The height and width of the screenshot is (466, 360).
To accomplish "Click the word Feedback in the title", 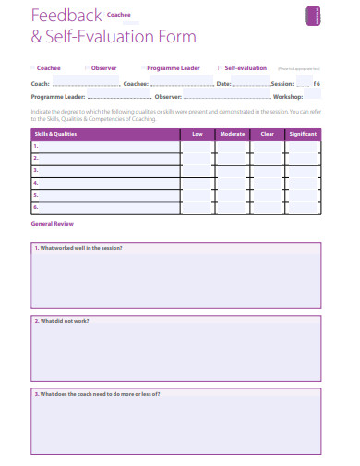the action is pyautogui.click(x=66, y=17).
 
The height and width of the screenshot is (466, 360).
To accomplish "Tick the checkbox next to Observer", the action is pyautogui.click(x=88, y=67).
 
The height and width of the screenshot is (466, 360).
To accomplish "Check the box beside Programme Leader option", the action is pyautogui.click(x=144, y=67).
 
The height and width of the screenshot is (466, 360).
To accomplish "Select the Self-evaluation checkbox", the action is pyautogui.click(x=220, y=67).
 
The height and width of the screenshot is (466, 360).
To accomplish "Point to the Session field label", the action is pyautogui.click(x=282, y=84).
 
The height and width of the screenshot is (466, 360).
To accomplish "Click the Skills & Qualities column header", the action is pyautogui.click(x=54, y=135).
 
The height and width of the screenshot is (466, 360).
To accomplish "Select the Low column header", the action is pyautogui.click(x=197, y=135).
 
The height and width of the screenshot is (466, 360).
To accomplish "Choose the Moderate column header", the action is pyautogui.click(x=232, y=135).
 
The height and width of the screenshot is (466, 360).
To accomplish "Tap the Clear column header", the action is pyautogui.click(x=268, y=135).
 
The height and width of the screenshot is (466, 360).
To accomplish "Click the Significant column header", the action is pyautogui.click(x=303, y=135).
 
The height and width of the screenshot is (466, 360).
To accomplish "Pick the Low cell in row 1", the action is pyautogui.click(x=197, y=147).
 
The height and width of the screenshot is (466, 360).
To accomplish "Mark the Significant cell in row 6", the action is pyautogui.click(x=303, y=208).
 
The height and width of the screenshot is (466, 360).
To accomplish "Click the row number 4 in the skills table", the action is pyautogui.click(x=36, y=183).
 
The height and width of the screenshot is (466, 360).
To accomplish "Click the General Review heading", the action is pyautogui.click(x=53, y=224).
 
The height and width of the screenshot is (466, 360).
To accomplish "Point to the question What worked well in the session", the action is pyautogui.click(x=78, y=248).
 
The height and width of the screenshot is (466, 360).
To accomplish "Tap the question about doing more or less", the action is pyautogui.click(x=98, y=394).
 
